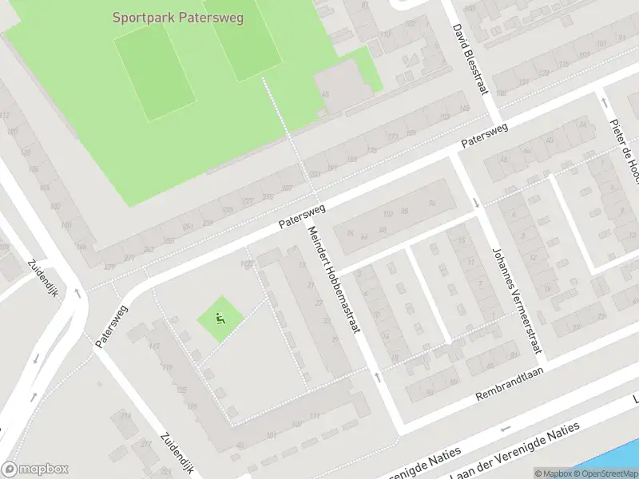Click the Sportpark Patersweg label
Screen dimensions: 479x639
[x=177, y=16]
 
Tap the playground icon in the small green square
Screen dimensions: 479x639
[x=220, y=319]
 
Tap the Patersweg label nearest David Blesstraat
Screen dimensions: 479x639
[x=485, y=137]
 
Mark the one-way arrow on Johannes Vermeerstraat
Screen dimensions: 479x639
[x=477, y=203]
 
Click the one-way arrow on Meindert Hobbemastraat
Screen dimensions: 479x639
[x=378, y=375]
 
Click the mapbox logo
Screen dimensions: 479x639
[x=34, y=469]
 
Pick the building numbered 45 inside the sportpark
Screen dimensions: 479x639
[x=325, y=94]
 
